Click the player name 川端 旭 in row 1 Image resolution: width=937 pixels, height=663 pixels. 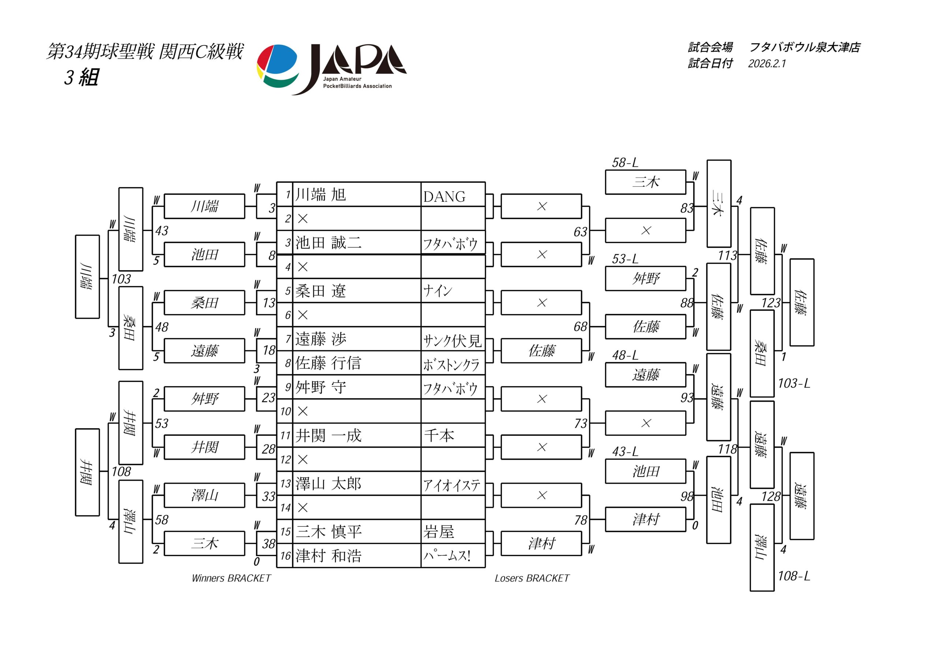point(321,195)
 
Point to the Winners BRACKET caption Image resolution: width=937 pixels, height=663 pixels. point(231,578)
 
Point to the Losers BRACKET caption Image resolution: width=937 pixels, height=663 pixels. point(532,578)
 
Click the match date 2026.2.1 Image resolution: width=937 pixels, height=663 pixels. point(767,64)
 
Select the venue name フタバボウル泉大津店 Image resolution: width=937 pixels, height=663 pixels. point(805,47)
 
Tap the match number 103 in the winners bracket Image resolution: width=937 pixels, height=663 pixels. point(121,279)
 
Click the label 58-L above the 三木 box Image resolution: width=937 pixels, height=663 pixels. point(625,163)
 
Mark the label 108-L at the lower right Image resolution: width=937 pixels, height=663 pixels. point(794,576)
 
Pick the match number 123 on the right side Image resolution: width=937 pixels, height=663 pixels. point(771,303)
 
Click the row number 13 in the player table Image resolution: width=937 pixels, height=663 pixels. point(285,484)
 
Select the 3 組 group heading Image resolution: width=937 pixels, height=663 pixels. point(81,77)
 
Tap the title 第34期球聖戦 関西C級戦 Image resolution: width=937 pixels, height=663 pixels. point(145,52)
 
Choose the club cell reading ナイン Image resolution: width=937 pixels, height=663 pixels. point(437,291)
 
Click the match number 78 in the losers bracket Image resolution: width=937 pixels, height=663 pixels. point(581,520)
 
